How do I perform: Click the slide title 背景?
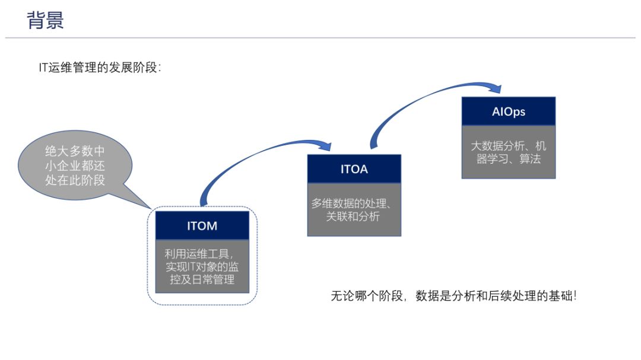pyautogui.click(x=45, y=20)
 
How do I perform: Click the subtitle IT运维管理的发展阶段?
pyautogui.click(x=100, y=68)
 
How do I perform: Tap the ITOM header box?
pyautogui.click(x=202, y=225)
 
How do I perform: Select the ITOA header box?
pyautogui.click(x=354, y=169)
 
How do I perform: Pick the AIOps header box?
pyautogui.click(x=508, y=111)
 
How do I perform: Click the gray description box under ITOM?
pyautogui.click(x=202, y=266)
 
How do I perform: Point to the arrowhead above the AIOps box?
pyautogui.click(x=496, y=89)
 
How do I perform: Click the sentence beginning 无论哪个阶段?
pyautogui.click(x=453, y=295)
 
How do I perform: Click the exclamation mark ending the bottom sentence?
pyautogui.click(x=574, y=295)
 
